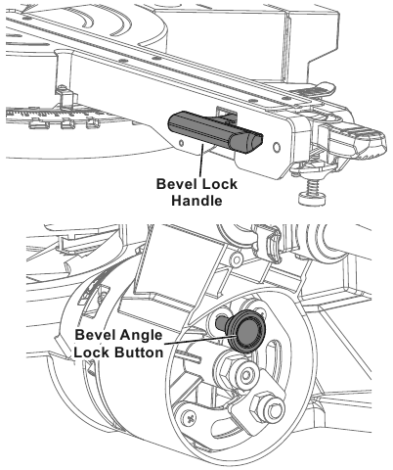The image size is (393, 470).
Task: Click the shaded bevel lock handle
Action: coord(215,132)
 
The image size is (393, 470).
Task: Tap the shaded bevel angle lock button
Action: coord(246,332)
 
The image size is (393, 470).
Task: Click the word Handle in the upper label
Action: coord(196,201)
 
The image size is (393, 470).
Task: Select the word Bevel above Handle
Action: coord(176,184)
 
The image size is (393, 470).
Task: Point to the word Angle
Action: coord(141,335)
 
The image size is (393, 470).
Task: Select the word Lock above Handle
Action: coord(219,184)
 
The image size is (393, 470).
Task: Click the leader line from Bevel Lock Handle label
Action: coord(200,160)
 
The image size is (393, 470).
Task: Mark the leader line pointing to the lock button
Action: coord(198,340)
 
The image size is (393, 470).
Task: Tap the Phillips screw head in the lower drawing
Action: coord(190,418)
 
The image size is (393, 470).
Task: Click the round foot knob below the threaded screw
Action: coord(312,198)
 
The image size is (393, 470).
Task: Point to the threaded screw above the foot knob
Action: coord(314,186)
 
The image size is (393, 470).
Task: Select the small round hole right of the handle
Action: coord(277,148)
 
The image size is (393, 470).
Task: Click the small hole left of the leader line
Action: coord(181,142)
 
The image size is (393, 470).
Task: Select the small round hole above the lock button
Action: coord(237,259)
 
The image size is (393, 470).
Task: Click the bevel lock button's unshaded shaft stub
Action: coord(222,323)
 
